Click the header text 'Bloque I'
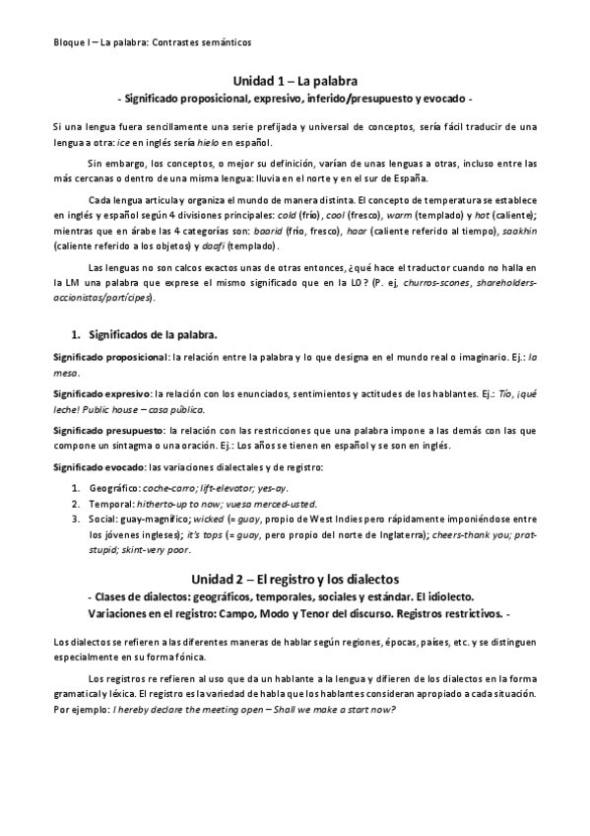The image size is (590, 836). tap(71, 43)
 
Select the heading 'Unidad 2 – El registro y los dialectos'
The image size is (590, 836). tap(295, 578)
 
